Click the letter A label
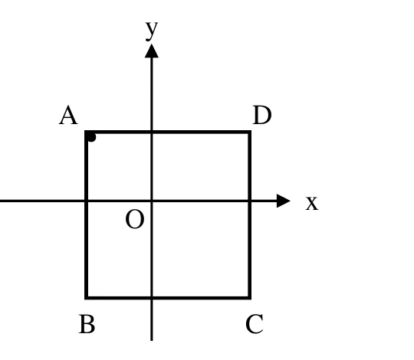point(68,115)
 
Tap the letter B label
point(87,324)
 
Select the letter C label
point(255,324)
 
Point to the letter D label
point(262,115)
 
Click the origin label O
point(135,219)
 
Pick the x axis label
point(312,203)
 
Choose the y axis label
point(152,31)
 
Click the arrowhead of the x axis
point(284,201)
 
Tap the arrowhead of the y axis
point(152,51)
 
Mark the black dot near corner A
point(91,137)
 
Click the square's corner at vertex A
point(86,132)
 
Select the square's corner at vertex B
point(86,298)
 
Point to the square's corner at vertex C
point(249,298)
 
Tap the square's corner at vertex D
point(249,132)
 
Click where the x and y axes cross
point(152,201)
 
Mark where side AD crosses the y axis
point(152,132)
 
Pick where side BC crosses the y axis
point(152,298)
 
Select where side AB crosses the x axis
point(86,201)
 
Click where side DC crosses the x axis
point(249,201)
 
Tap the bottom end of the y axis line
point(152,341)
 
